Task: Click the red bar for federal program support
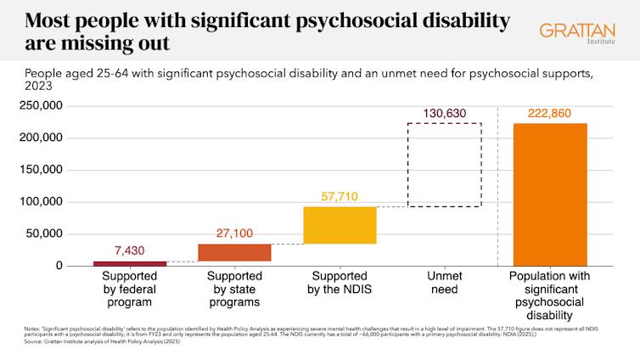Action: point(130,263)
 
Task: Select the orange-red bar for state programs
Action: point(234,252)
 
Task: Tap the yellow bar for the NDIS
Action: point(340,225)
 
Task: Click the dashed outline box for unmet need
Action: point(444,165)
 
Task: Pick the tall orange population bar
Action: point(549,194)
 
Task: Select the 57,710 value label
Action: point(340,196)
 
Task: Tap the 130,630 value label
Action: point(444,113)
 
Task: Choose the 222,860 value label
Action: point(549,113)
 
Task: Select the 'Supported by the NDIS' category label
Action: point(340,283)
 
